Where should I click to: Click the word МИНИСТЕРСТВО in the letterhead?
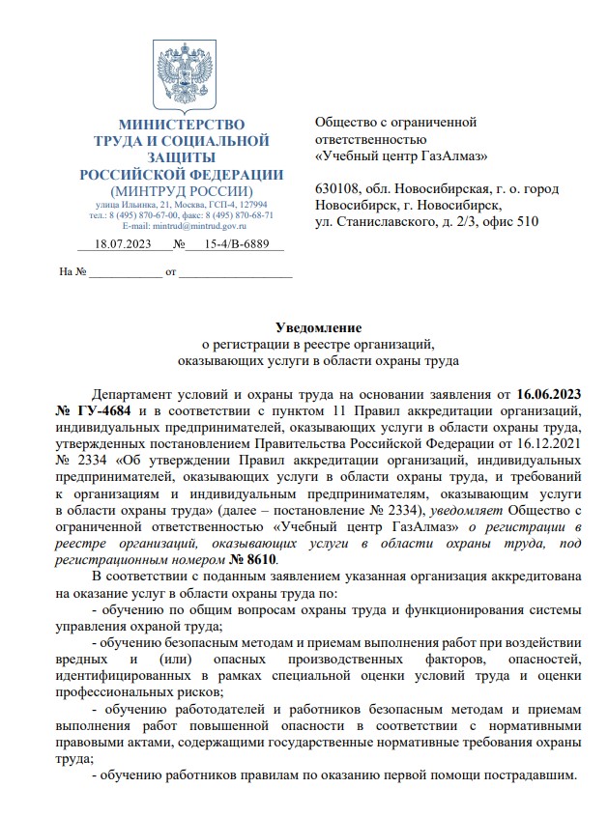click(182, 125)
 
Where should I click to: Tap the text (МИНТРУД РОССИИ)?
click(182, 190)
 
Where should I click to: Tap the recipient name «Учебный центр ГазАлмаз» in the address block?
click(401, 155)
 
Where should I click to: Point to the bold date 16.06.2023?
click(549, 394)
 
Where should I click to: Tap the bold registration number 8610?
click(261, 559)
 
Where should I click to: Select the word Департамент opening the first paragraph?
click(135, 394)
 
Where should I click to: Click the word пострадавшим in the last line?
click(529, 776)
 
